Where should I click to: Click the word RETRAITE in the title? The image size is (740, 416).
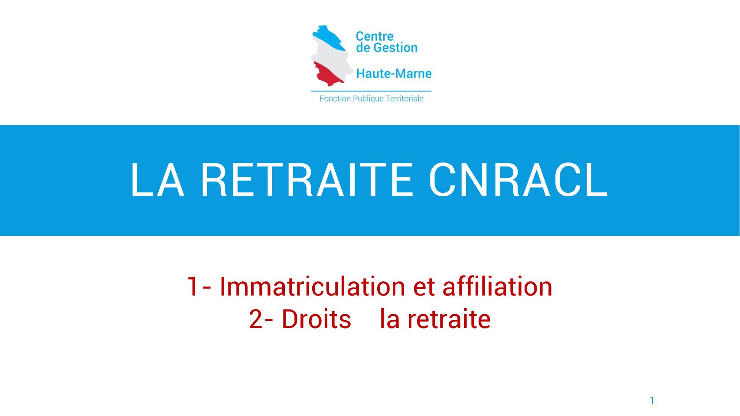(307, 180)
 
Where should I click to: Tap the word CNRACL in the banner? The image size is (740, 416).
(518, 180)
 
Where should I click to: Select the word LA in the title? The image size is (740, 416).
(157, 180)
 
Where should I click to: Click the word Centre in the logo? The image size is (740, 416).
(375, 36)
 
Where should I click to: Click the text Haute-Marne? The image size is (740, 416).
(394, 73)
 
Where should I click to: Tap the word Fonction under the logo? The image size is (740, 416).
(335, 98)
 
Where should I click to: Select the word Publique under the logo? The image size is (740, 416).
(368, 99)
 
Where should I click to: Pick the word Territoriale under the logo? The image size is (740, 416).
(405, 98)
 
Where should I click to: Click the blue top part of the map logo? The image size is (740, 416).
(329, 37)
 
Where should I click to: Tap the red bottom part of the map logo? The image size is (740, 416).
(327, 74)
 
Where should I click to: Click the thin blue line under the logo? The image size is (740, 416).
(372, 91)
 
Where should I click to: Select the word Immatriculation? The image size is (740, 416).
(312, 286)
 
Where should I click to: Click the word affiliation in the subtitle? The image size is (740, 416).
(497, 286)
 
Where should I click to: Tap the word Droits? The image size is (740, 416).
(316, 319)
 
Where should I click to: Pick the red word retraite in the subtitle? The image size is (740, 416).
(449, 319)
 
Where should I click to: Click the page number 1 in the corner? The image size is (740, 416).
(652, 400)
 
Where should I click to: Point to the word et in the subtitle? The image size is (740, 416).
(424, 287)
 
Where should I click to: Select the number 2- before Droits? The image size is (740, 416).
(261, 319)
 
